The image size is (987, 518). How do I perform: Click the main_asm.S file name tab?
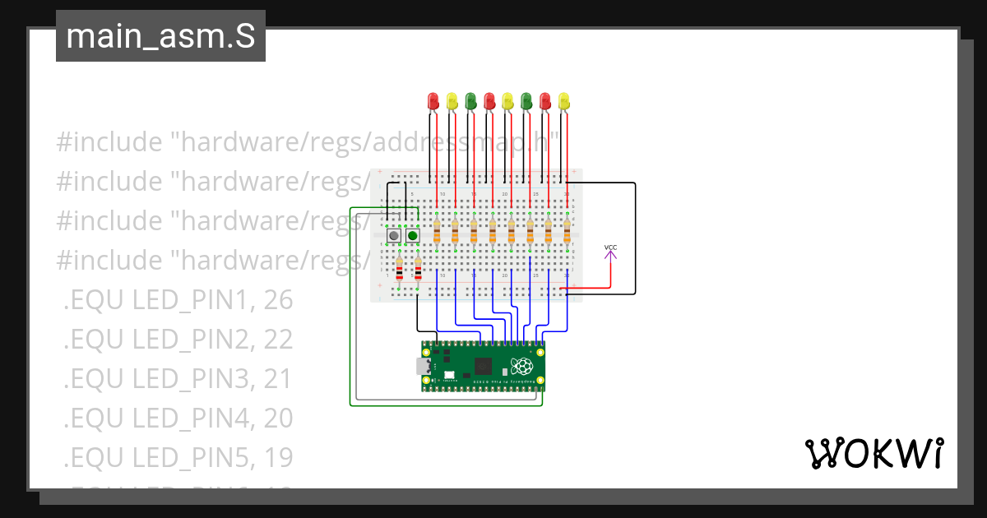pos(160,37)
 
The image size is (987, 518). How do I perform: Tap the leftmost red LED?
pos(433,100)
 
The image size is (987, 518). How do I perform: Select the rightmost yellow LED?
pos(563,100)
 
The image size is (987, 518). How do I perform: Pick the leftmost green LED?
pos(470,100)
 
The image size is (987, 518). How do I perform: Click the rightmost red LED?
pos(544,100)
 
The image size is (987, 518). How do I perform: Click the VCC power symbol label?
pos(610,247)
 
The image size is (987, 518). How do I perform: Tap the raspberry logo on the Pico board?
pos(521,367)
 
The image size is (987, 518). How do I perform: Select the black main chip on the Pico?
pos(483,367)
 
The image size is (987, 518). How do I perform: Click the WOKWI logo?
pos(873,453)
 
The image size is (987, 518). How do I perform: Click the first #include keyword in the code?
pos(109,142)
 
